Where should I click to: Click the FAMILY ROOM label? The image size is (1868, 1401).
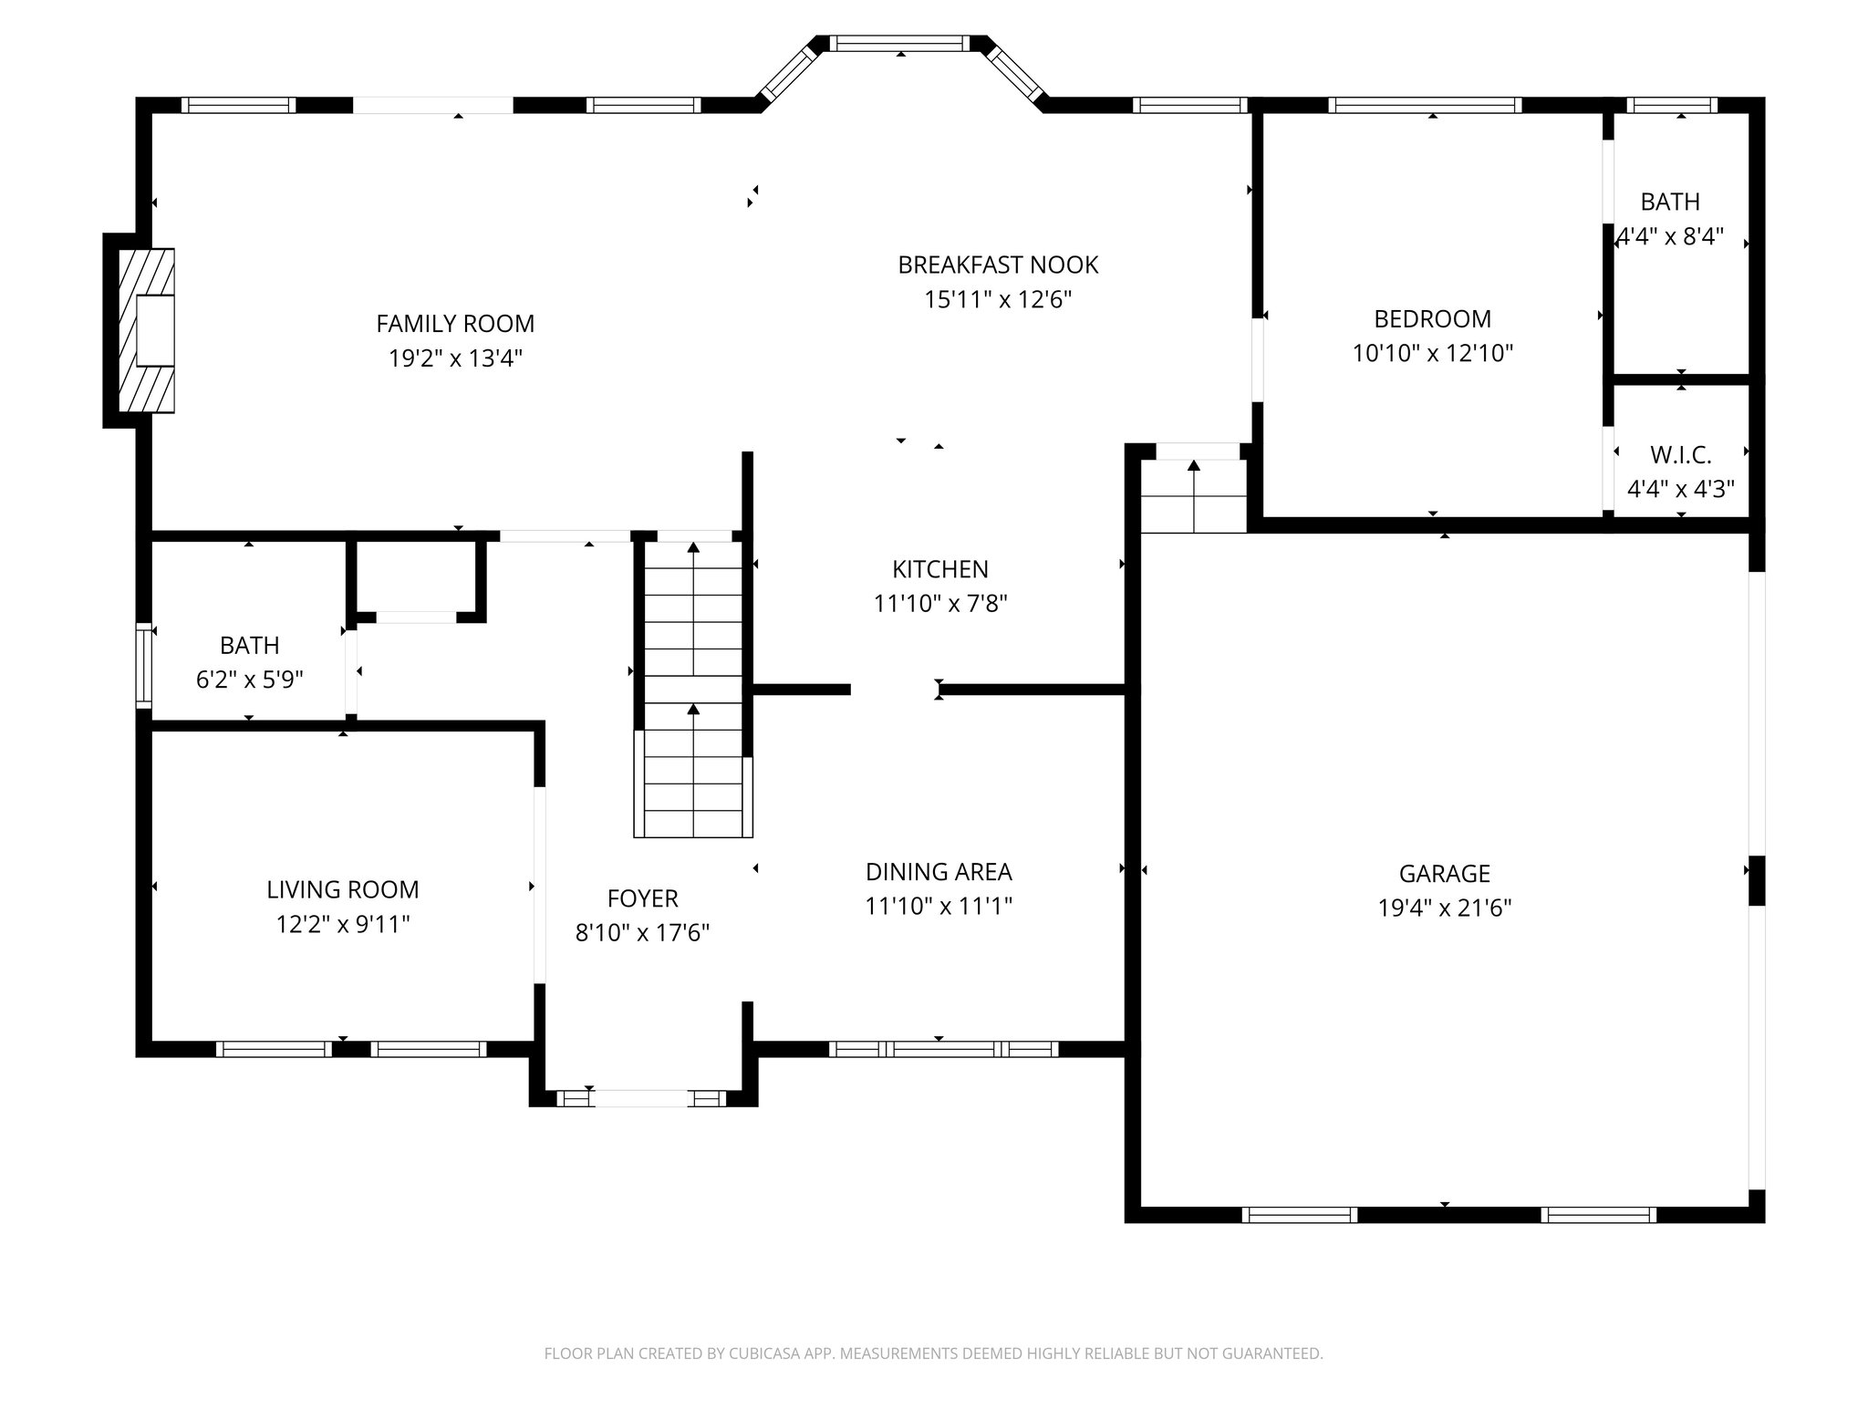point(455,324)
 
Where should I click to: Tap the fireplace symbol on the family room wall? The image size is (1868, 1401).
point(145,331)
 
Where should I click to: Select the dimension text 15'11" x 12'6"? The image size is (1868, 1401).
point(998,300)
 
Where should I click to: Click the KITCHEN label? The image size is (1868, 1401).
point(939,569)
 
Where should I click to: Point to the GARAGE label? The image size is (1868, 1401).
point(1444,874)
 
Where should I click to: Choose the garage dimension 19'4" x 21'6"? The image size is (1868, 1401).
point(1444,908)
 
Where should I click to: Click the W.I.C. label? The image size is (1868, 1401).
point(1680,454)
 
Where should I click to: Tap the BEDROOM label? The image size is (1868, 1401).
point(1432,319)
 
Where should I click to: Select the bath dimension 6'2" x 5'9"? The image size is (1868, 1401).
point(249,680)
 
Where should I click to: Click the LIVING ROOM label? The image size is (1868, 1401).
point(342,889)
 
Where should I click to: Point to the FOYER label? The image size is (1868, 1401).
point(642,898)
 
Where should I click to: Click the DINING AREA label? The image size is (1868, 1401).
point(939,872)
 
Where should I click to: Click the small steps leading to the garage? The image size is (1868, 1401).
point(1193,497)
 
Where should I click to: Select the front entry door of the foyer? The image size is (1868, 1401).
point(642,1098)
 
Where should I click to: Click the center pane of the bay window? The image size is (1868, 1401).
point(900,43)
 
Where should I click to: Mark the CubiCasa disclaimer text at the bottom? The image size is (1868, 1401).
point(933,1354)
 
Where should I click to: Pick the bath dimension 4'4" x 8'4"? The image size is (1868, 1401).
point(1669,237)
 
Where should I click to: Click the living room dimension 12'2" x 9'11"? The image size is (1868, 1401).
point(342,925)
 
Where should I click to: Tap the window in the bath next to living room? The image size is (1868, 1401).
point(143,665)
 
